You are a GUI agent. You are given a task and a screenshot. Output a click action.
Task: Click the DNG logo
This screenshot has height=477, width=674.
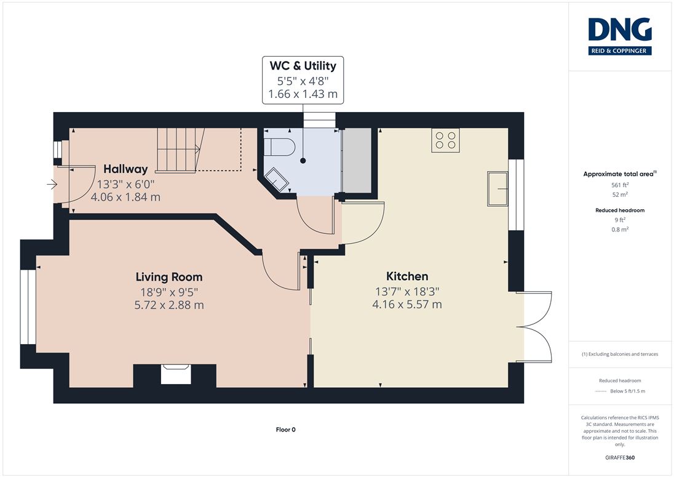pos(620,36)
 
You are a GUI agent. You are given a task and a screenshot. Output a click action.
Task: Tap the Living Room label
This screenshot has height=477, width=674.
pos(169,277)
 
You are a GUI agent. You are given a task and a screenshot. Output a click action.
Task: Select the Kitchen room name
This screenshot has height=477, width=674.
pos(407,276)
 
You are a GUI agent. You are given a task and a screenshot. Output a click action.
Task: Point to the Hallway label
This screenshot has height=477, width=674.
pos(125,169)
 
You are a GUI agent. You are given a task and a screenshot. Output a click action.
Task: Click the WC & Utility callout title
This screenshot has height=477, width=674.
pos(303,66)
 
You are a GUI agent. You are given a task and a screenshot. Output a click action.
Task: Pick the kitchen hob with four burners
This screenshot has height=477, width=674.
pos(445,140)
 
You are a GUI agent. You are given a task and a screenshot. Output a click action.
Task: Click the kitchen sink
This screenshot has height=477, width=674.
pos(498,188)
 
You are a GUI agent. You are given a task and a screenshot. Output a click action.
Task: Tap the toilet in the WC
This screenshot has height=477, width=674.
pos(279,147)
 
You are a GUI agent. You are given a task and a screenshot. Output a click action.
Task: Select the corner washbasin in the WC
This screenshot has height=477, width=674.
pos(276,179)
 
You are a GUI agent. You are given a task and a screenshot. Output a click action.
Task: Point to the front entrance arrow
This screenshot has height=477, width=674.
pos(52,185)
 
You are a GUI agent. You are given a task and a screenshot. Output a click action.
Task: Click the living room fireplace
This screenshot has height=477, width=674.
pos(176,374)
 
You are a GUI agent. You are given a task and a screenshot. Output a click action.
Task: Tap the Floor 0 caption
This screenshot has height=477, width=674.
pos(286,429)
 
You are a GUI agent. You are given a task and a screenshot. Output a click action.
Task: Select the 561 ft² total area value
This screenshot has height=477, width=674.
pos(620,185)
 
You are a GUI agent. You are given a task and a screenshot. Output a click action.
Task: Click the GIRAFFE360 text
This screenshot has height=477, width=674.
pos(620,457)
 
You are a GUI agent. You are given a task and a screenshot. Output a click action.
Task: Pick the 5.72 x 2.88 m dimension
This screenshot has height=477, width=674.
pos(169,305)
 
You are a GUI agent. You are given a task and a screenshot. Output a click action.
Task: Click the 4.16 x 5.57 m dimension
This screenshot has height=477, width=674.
pos(407,304)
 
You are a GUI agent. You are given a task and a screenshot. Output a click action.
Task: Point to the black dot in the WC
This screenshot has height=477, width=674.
pos(303,161)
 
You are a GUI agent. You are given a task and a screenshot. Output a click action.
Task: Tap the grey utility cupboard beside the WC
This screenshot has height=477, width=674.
pos(357,160)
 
